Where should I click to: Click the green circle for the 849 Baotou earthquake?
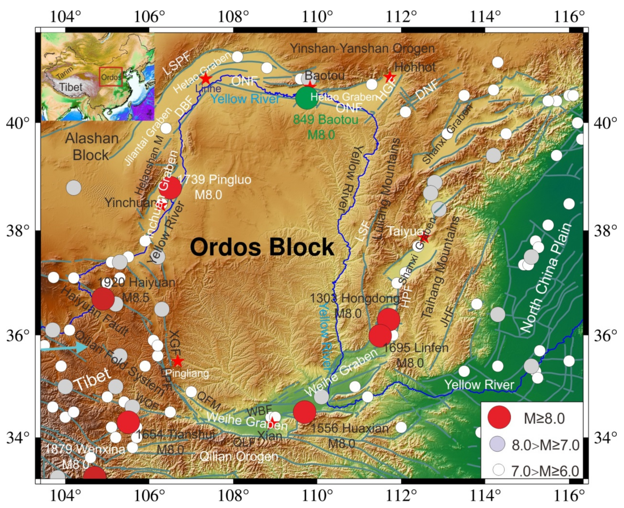(307, 98)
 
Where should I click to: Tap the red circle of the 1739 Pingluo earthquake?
(170, 188)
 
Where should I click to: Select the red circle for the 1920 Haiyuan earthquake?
(103, 299)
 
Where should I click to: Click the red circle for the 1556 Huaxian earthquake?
(304, 412)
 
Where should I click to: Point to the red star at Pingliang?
(178, 361)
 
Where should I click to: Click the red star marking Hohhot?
(390, 77)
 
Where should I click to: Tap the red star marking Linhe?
(205, 79)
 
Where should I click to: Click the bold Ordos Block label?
(262, 247)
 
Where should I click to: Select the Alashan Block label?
(91, 147)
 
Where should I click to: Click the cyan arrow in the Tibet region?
(64, 347)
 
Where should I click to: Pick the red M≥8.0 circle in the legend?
(499, 417)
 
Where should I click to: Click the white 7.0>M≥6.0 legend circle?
(498, 469)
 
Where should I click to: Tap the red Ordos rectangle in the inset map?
(111, 77)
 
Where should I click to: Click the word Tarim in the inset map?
(64, 72)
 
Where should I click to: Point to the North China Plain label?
(546, 278)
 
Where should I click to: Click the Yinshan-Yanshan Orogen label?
(362, 48)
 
